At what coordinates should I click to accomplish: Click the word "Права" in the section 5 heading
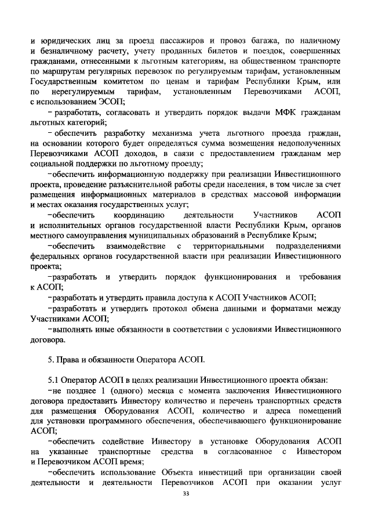(x=69, y=359)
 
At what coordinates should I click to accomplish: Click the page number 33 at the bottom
(x=185, y=494)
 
